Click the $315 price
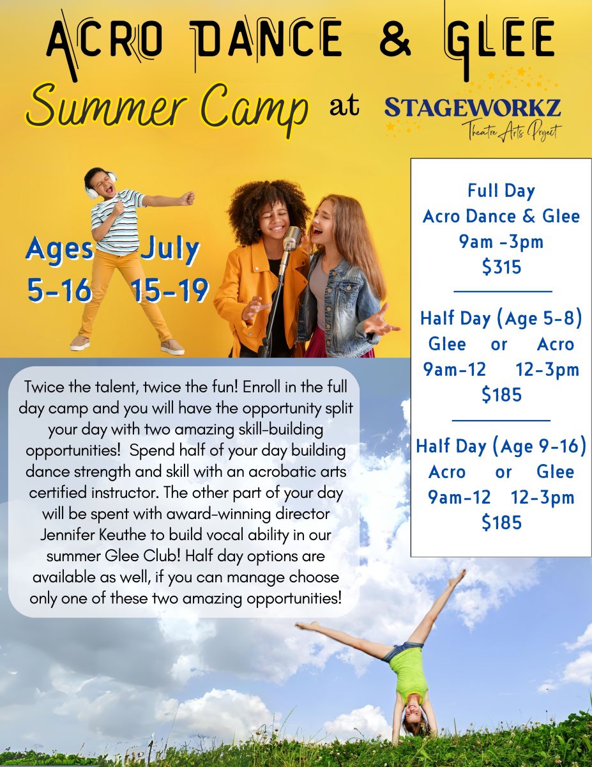(x=501, y=267)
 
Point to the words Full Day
(x=501, y=190)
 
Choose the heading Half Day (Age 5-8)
(x=501, y=318)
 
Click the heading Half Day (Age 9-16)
(x=501, y=446)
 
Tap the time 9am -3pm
(x=501, y=242)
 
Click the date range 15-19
(x=170, y=290)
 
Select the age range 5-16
(x=59, y=290)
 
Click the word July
(x=170, y=249)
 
